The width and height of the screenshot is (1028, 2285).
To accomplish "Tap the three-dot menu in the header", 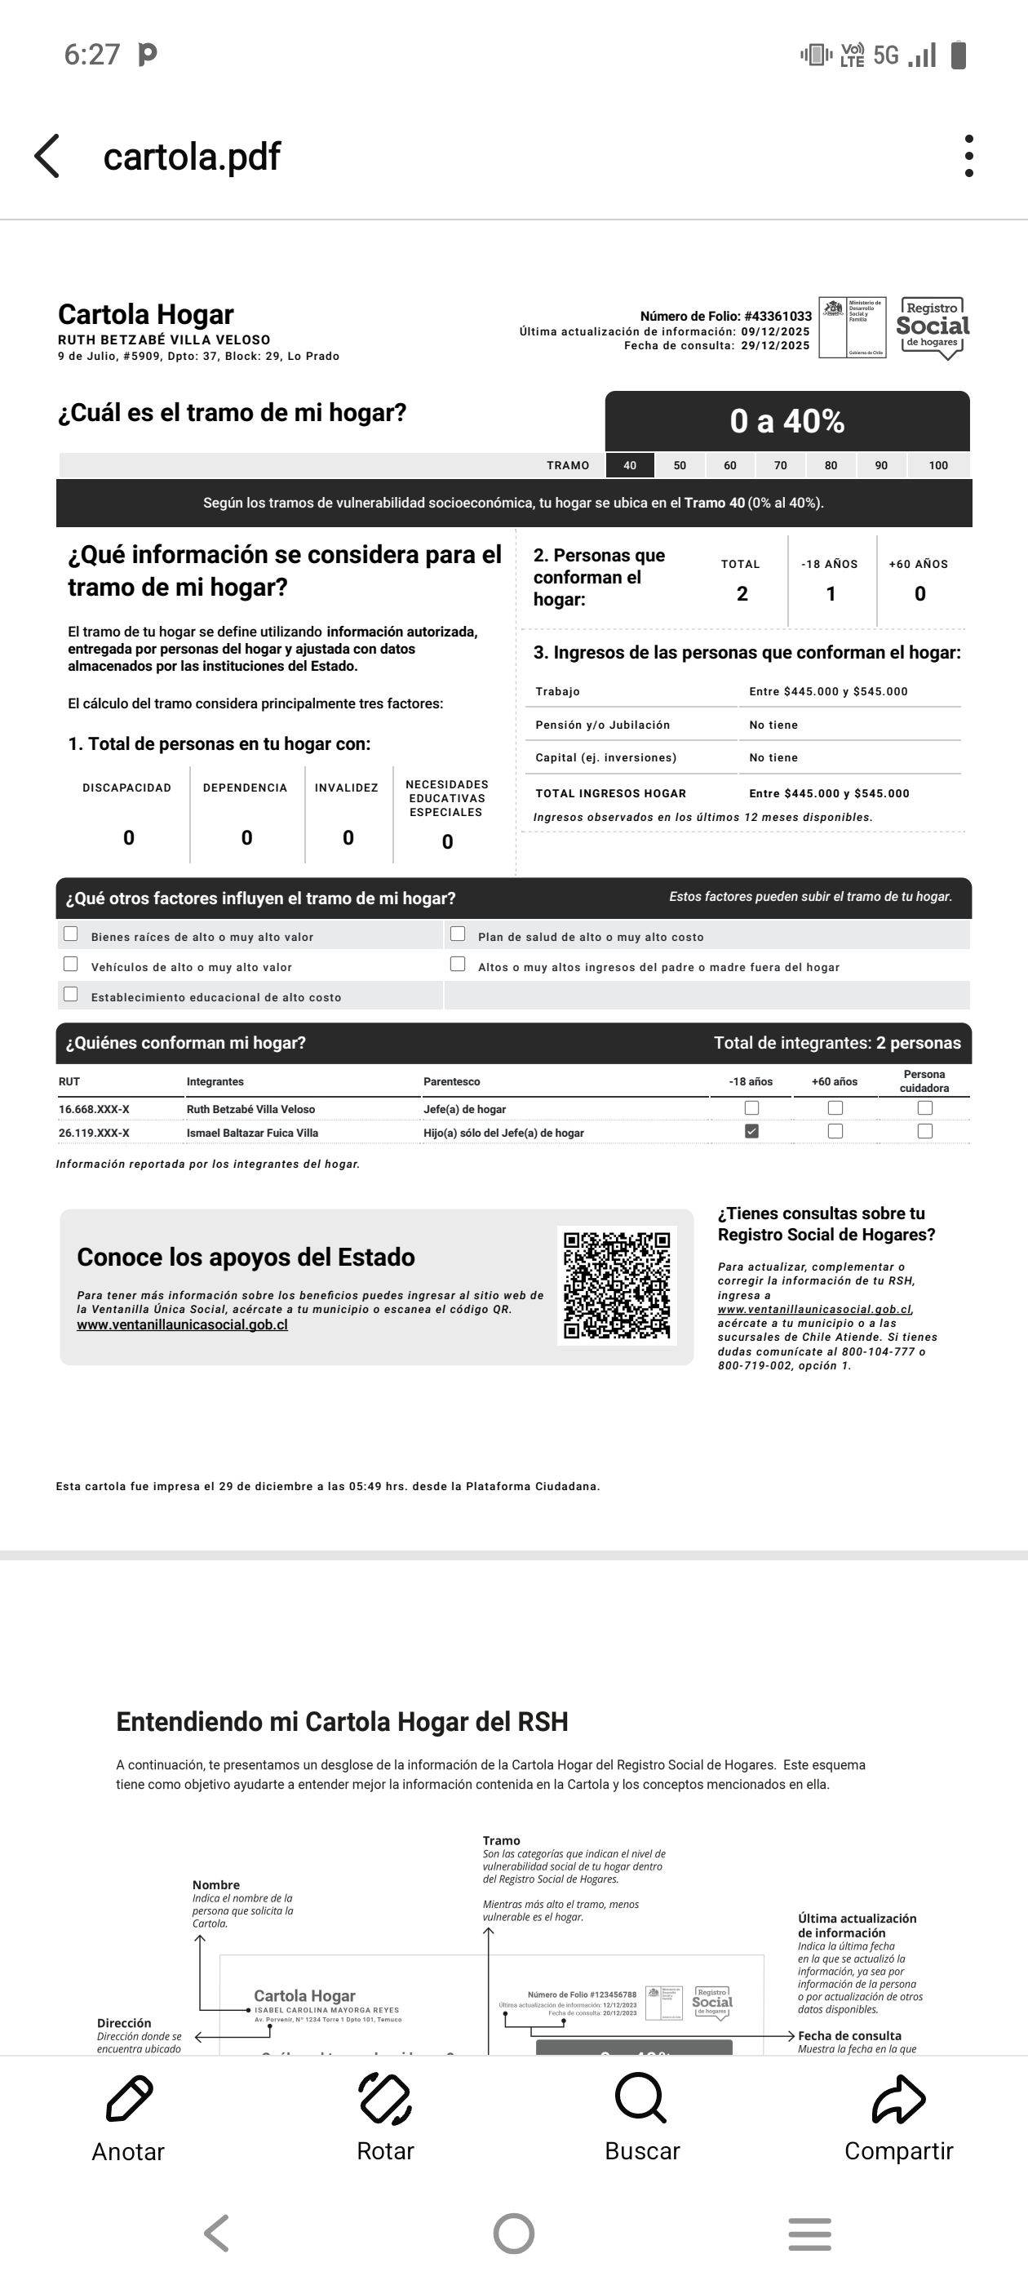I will point(968,156).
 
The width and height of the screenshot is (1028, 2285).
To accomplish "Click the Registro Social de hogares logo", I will point(933,327).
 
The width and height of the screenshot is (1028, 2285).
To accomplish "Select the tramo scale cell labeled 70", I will point(781,466).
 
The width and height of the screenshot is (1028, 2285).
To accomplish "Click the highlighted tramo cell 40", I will point(630,466).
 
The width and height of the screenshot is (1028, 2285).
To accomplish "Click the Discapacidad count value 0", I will point(129,838).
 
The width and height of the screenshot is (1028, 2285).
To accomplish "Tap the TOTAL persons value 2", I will point(742,594).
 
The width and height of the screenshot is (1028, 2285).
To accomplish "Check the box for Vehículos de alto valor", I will point(71,965).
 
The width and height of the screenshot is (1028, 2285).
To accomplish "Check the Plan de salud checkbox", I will point(458,934).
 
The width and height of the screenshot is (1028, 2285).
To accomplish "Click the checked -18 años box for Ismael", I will point(752,1131).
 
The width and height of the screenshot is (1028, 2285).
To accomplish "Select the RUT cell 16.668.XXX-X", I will point(94,1110).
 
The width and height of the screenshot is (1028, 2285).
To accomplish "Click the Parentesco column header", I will point(451,1082).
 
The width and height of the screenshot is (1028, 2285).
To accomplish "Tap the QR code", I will point(618,1285).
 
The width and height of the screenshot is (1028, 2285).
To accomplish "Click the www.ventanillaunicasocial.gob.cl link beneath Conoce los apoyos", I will point(183,1325).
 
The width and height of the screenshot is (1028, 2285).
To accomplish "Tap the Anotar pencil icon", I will point(130,2100).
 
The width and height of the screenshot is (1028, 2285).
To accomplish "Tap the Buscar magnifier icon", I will point(640,2100).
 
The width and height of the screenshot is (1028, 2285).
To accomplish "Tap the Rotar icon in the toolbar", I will point(385,2100).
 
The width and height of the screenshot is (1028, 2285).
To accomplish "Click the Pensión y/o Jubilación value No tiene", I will point(773,725).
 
